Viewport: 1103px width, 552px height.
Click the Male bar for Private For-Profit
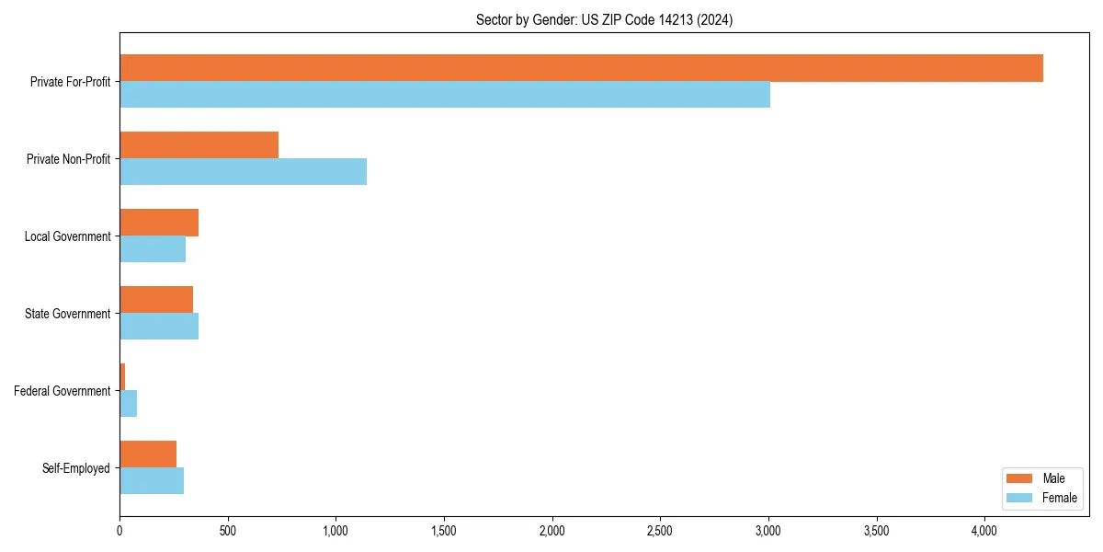[x=581, y=68]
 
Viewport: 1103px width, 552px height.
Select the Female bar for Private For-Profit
[x=445, y=95]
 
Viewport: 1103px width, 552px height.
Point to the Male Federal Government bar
[x=122, y=377]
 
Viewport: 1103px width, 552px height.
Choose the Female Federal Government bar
[x=129, y=404]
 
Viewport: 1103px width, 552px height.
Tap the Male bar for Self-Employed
[x=148, y=454]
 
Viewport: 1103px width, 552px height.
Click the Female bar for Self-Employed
[x=152, y=481]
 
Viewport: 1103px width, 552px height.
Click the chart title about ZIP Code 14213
[x=604, y=19]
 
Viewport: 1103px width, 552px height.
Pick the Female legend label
[x=1059, y=498]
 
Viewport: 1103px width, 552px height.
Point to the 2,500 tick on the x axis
[x=660, y=531]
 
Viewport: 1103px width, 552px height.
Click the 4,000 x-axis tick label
[x=984, y=531]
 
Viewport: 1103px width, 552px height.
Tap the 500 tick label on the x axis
[x=228, y=531]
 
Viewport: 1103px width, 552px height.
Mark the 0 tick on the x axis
[x=119, y=531]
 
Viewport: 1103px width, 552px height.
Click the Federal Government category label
[x=63, y=391]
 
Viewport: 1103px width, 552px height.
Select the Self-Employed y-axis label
[x=76, y=468]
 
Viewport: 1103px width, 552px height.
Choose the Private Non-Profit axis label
[x=68, y=159]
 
